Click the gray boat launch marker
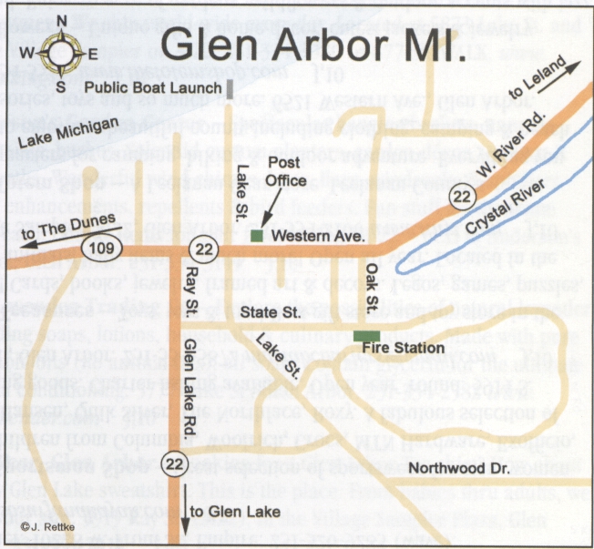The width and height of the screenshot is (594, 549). tap(231, 87)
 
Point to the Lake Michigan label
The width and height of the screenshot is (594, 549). tap(68, 132)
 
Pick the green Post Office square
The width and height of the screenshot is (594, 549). tap(258, 237)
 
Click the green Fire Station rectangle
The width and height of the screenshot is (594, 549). tap(366, 335)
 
